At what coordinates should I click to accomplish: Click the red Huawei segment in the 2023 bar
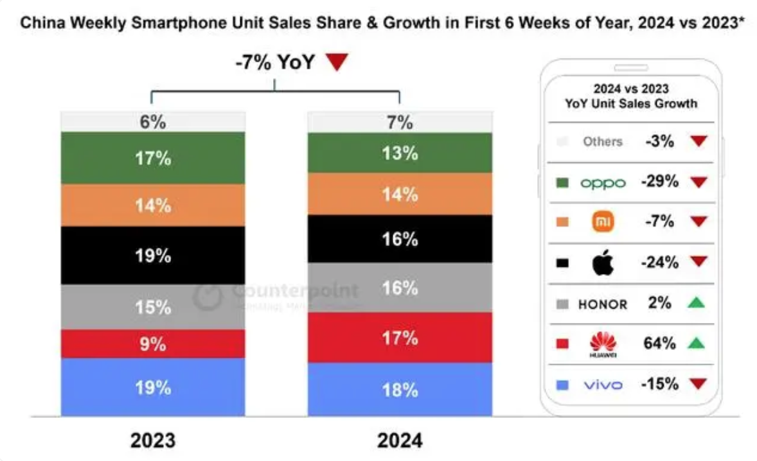[x=153, y=344]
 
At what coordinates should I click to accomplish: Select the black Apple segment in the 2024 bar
[x=400, y=239]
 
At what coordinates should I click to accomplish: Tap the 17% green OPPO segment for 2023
[x=153, y=158]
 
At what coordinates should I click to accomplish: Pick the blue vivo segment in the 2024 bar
[x=400, y=389]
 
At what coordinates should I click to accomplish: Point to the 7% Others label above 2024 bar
[x=400, y=122]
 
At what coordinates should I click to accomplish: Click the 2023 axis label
[x=153, y=440]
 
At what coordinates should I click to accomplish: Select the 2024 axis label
[x=400, y=440]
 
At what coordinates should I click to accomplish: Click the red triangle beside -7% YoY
[x=336, y=63]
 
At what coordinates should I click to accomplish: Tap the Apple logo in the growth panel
[x=603, y=263]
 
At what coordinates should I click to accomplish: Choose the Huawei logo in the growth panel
[x=603, y=344]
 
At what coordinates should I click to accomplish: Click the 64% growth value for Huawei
[x=659, y=343]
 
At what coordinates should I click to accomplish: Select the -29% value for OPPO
[x=659, y=182]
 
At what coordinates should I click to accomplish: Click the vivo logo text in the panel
[x=603, y=385]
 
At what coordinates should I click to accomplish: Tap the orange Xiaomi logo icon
[x=603, y=222]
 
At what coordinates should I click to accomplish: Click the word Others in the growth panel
[x=603, y=141]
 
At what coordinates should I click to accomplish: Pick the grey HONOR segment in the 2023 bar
[x=153, y=307]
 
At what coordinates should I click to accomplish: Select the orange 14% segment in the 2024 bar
[x=400, y=193]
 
